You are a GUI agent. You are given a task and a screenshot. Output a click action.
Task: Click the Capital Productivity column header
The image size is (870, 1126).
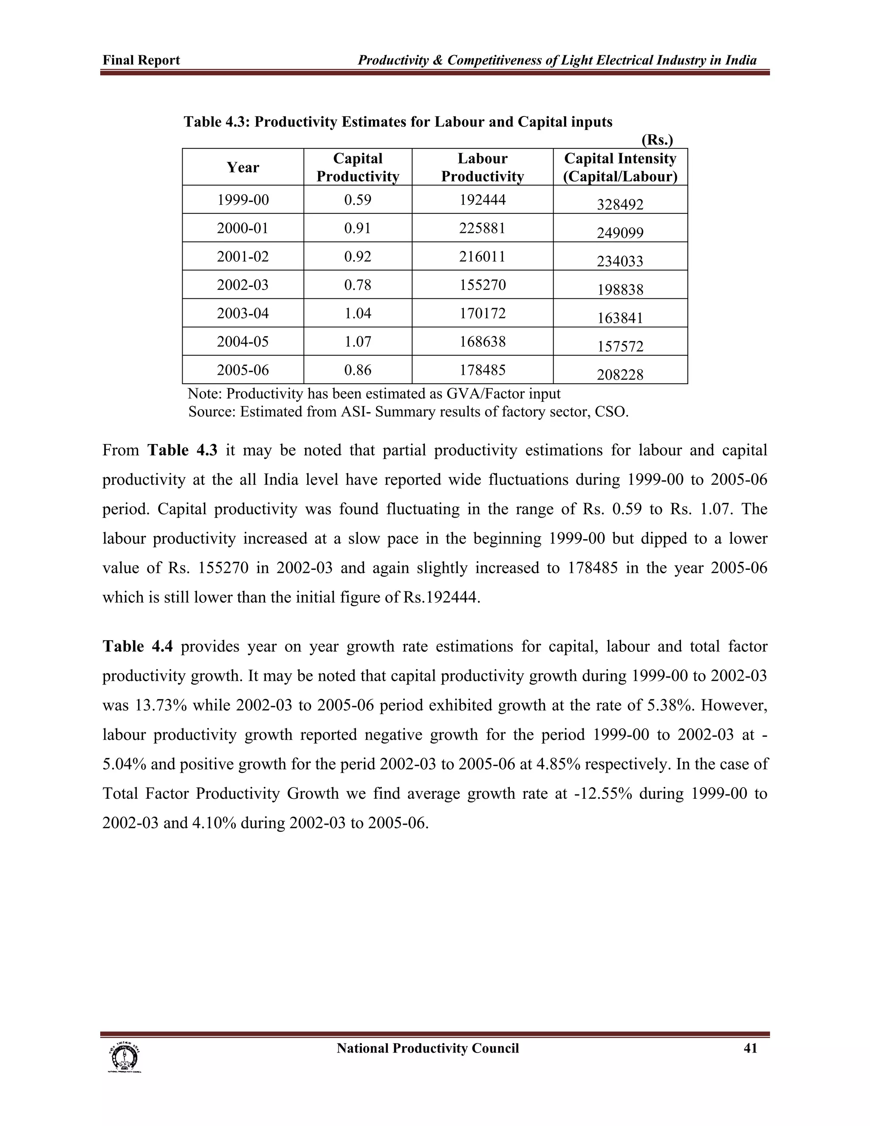[x=358, y=167]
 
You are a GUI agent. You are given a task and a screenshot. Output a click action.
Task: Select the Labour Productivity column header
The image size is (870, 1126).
[x=483, y=167]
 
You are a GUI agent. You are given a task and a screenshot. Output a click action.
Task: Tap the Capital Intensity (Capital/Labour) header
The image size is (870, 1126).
[x=620, y=167]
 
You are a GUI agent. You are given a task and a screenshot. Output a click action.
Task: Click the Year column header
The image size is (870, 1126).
[x=243, y=167]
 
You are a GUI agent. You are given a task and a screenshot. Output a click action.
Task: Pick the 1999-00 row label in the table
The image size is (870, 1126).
[x=243, y=200]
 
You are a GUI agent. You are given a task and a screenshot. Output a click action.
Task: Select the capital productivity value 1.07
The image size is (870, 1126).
[x=358, y=341]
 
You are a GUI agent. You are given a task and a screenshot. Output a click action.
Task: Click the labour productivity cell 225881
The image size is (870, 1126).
[x=483, y=228]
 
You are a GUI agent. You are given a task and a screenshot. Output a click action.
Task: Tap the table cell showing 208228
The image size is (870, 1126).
[x=620, y=375]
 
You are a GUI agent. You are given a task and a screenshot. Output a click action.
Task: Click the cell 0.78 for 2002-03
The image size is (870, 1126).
[x=358, y=285]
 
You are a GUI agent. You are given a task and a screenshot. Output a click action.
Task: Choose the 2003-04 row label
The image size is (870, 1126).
[x=243, y=313]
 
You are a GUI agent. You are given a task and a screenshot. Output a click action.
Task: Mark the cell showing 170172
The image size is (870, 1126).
[x=483, y=313]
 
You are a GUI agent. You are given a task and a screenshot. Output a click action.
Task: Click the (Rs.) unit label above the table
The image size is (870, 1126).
[x=657, y=140]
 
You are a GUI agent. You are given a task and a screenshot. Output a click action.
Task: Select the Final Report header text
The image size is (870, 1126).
[x=141, y=60]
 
